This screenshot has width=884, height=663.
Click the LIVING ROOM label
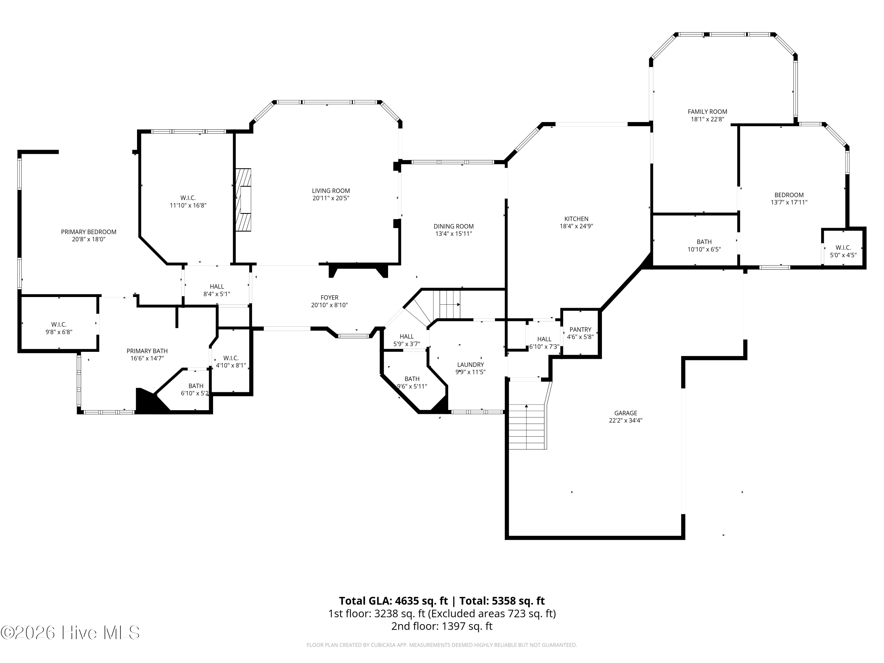tap(331, 191)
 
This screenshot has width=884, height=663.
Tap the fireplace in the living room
tap(243, 199)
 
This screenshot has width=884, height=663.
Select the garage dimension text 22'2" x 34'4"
tap(626, 420)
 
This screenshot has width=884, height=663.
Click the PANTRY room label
tap(580, 330)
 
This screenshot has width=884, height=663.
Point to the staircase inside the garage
tap(527, 426)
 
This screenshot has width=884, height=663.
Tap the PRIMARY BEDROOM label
tap(89, 232)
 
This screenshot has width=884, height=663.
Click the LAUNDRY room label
tap(470, 365)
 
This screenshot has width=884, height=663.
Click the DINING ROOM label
tap(453, 227)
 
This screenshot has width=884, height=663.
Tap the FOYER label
tap(329, 298)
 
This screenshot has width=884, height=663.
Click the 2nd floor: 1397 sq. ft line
tap(442, 626)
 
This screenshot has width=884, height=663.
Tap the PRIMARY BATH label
tap(147, 351)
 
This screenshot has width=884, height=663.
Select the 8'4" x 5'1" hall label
tap(217, 290)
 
